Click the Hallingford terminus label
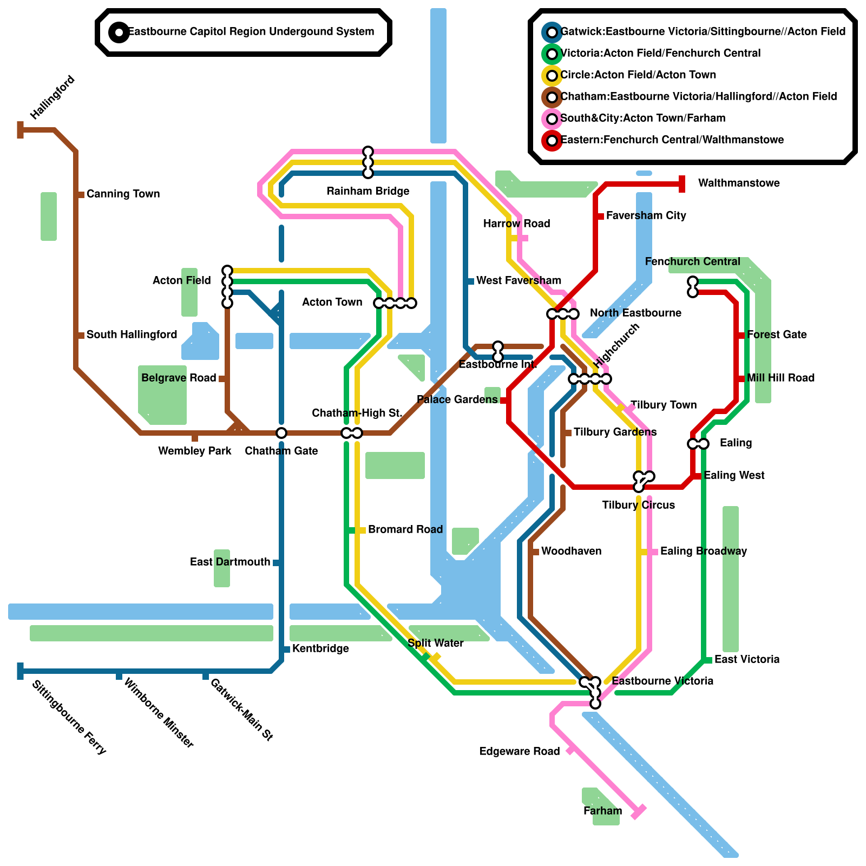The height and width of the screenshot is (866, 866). pos(53,98)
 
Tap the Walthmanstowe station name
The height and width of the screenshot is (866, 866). pos(739,183)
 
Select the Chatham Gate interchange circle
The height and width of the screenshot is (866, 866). pos(281,433)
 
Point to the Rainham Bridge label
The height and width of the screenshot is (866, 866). pos(368,191)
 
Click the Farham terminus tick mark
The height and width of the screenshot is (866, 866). pos(639,811)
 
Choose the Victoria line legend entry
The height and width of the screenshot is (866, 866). pos(660,53)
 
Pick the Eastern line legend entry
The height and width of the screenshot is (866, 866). pos(672,140)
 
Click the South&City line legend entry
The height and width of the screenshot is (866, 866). pos(642,118)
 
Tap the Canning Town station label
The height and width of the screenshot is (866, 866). pos(123,194)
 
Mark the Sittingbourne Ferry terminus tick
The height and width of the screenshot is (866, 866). pos(21,671)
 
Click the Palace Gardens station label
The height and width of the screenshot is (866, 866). pos(457,399)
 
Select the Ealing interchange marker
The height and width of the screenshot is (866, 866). pos(698,444)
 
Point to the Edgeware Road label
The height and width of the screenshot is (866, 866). pos(520,751)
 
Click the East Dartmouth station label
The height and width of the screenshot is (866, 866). pos(230,562)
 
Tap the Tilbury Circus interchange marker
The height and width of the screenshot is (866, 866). pos(643,479)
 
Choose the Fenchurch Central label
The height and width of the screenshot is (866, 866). pos(692,261)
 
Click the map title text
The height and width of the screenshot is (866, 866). pos(251,31)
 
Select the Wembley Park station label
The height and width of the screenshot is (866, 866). pos(195,451)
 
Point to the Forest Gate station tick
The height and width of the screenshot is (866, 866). pos(740,336)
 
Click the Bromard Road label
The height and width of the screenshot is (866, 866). pos(405,529)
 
